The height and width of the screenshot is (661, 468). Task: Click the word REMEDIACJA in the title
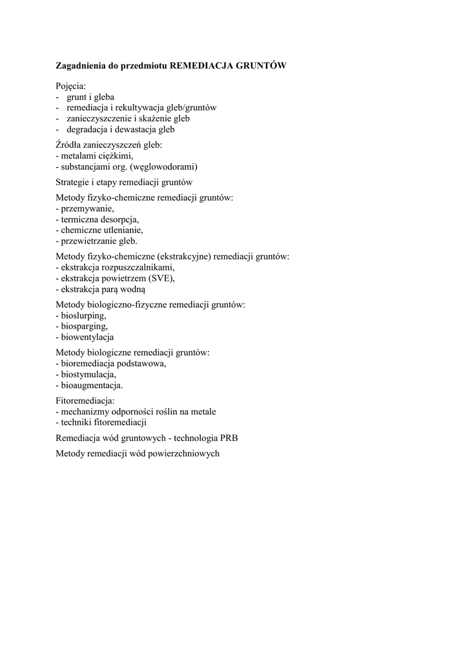point(201,66)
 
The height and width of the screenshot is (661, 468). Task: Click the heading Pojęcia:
point(71,86)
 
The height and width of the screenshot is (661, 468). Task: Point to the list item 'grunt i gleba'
point(90,97)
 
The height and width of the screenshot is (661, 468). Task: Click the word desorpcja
point(117,219)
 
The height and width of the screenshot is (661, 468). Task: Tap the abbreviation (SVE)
point(161,278)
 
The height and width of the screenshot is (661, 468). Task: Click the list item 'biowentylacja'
point(85,336)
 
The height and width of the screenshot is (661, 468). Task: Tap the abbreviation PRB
point(229,438)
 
